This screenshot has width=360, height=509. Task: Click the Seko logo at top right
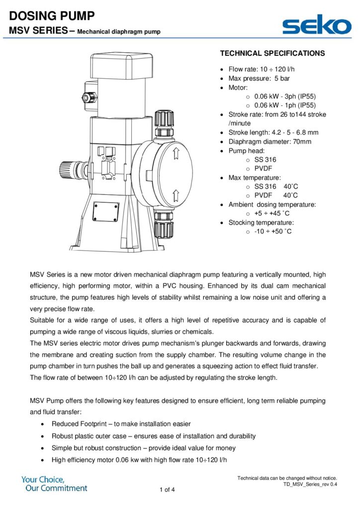[316, 25]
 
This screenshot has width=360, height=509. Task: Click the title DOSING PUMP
[52, 16]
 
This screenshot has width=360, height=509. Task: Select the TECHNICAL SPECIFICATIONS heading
[272, 53]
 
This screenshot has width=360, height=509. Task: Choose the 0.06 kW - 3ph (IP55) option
[284, 96]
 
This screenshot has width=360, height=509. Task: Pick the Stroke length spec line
[273, 132]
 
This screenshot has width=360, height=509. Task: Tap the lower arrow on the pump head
[175, 194]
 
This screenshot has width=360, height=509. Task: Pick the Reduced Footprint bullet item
[121, 424]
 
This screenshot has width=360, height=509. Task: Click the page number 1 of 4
[167, 490]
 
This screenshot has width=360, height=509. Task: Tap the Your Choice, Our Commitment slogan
[54, 484]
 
